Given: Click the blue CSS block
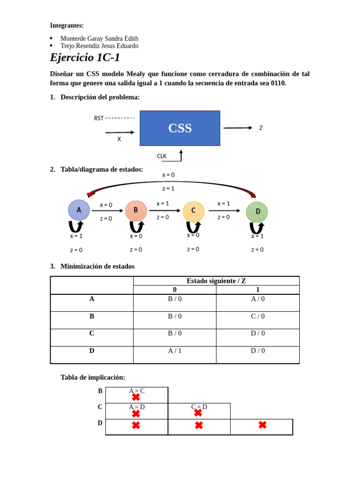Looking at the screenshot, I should click(180, 128).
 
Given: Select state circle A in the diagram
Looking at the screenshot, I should click(79, 210).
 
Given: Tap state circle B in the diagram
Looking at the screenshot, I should click(136, 210).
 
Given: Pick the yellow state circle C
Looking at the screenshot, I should click(194, 211).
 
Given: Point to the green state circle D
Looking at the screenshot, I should click(257, 212).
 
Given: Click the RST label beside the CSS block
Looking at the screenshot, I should click(99, 118).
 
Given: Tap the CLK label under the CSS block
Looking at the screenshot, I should click(162, 156).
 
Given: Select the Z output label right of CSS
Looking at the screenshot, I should click(261, 127).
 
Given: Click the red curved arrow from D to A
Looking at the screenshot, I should click(171, 183).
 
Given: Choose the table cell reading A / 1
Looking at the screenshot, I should click(175, 351).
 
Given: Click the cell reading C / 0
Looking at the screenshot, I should click(258, 316).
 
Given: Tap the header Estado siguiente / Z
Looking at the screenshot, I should click(216, 281).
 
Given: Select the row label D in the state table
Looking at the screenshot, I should click(92, 351).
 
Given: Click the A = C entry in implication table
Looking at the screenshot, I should click(136, 391).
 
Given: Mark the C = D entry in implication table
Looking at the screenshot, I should click(199, 407).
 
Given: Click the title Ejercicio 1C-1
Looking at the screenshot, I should click(85, 58).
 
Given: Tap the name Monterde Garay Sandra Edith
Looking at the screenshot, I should click(99, 38).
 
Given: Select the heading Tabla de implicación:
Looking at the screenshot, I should click(93, 377).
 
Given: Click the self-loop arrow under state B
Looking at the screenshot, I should click(136, 227).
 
